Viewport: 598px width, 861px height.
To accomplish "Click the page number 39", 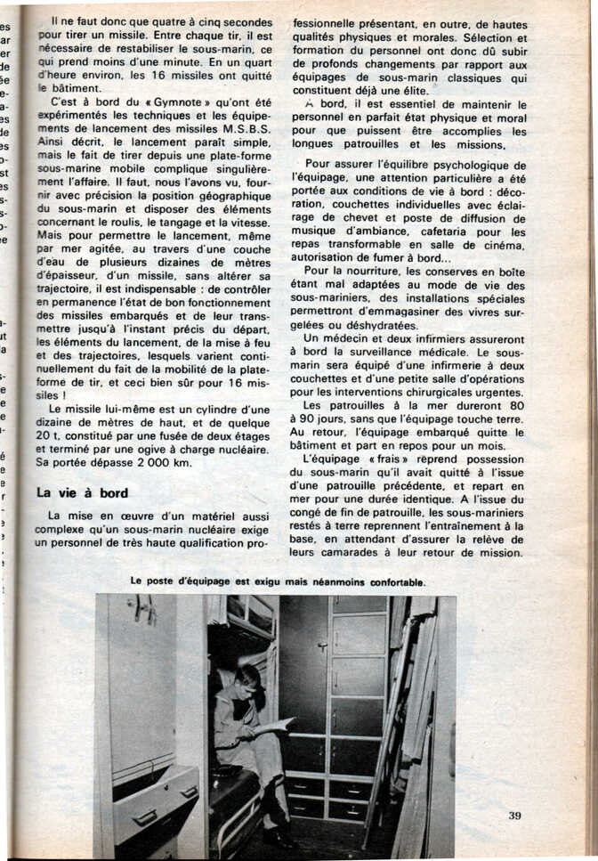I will point(514,815).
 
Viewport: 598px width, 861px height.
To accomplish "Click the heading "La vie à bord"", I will point(82,493).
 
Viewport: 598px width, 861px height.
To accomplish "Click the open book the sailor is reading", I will point(270,725).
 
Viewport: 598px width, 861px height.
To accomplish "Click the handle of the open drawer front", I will point(145,816).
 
